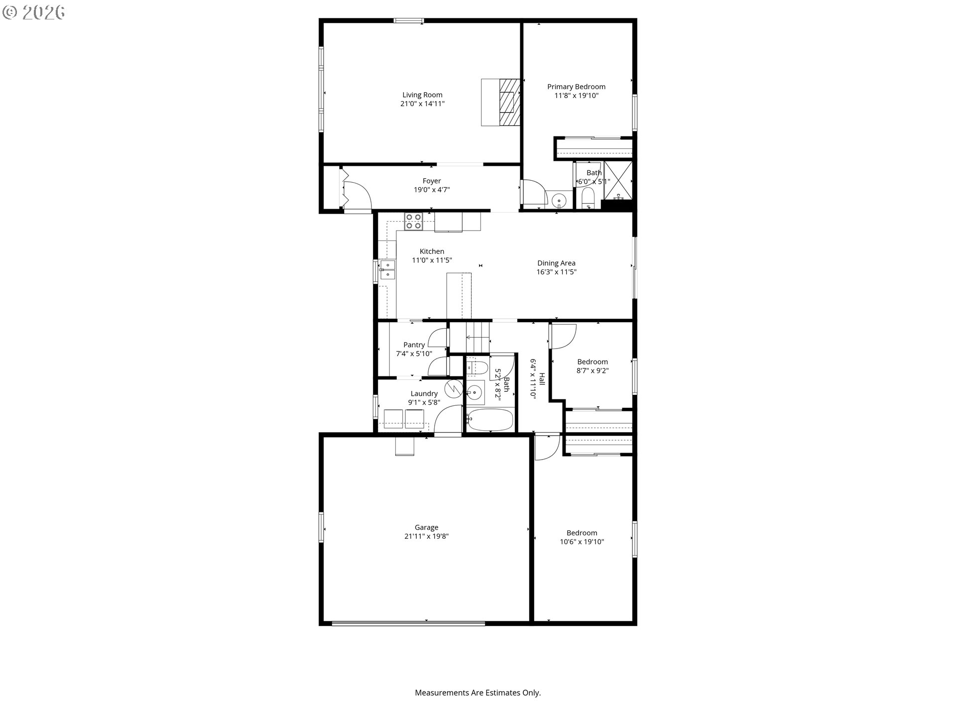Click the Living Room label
(x=422, y=95)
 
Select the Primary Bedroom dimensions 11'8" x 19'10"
(x=576, y=96)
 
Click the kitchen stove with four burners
(x=413, y=221)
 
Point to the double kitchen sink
(x=387, y=269)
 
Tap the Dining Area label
(x=556, y=263)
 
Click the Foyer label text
(x=432, y=181)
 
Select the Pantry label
(x=414, y=345)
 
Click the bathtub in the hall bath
(x=490, y=420)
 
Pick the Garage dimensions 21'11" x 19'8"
(x=426, y=536)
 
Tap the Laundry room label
(x=424, y=393)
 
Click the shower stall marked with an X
(x=618, y=180)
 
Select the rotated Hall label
(x=542, y=379)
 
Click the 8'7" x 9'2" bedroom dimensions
(x=593, y=370)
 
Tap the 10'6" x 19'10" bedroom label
(x=582, y=533)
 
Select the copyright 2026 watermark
(x=34, y=12)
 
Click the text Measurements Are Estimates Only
(x=478, y=693)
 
